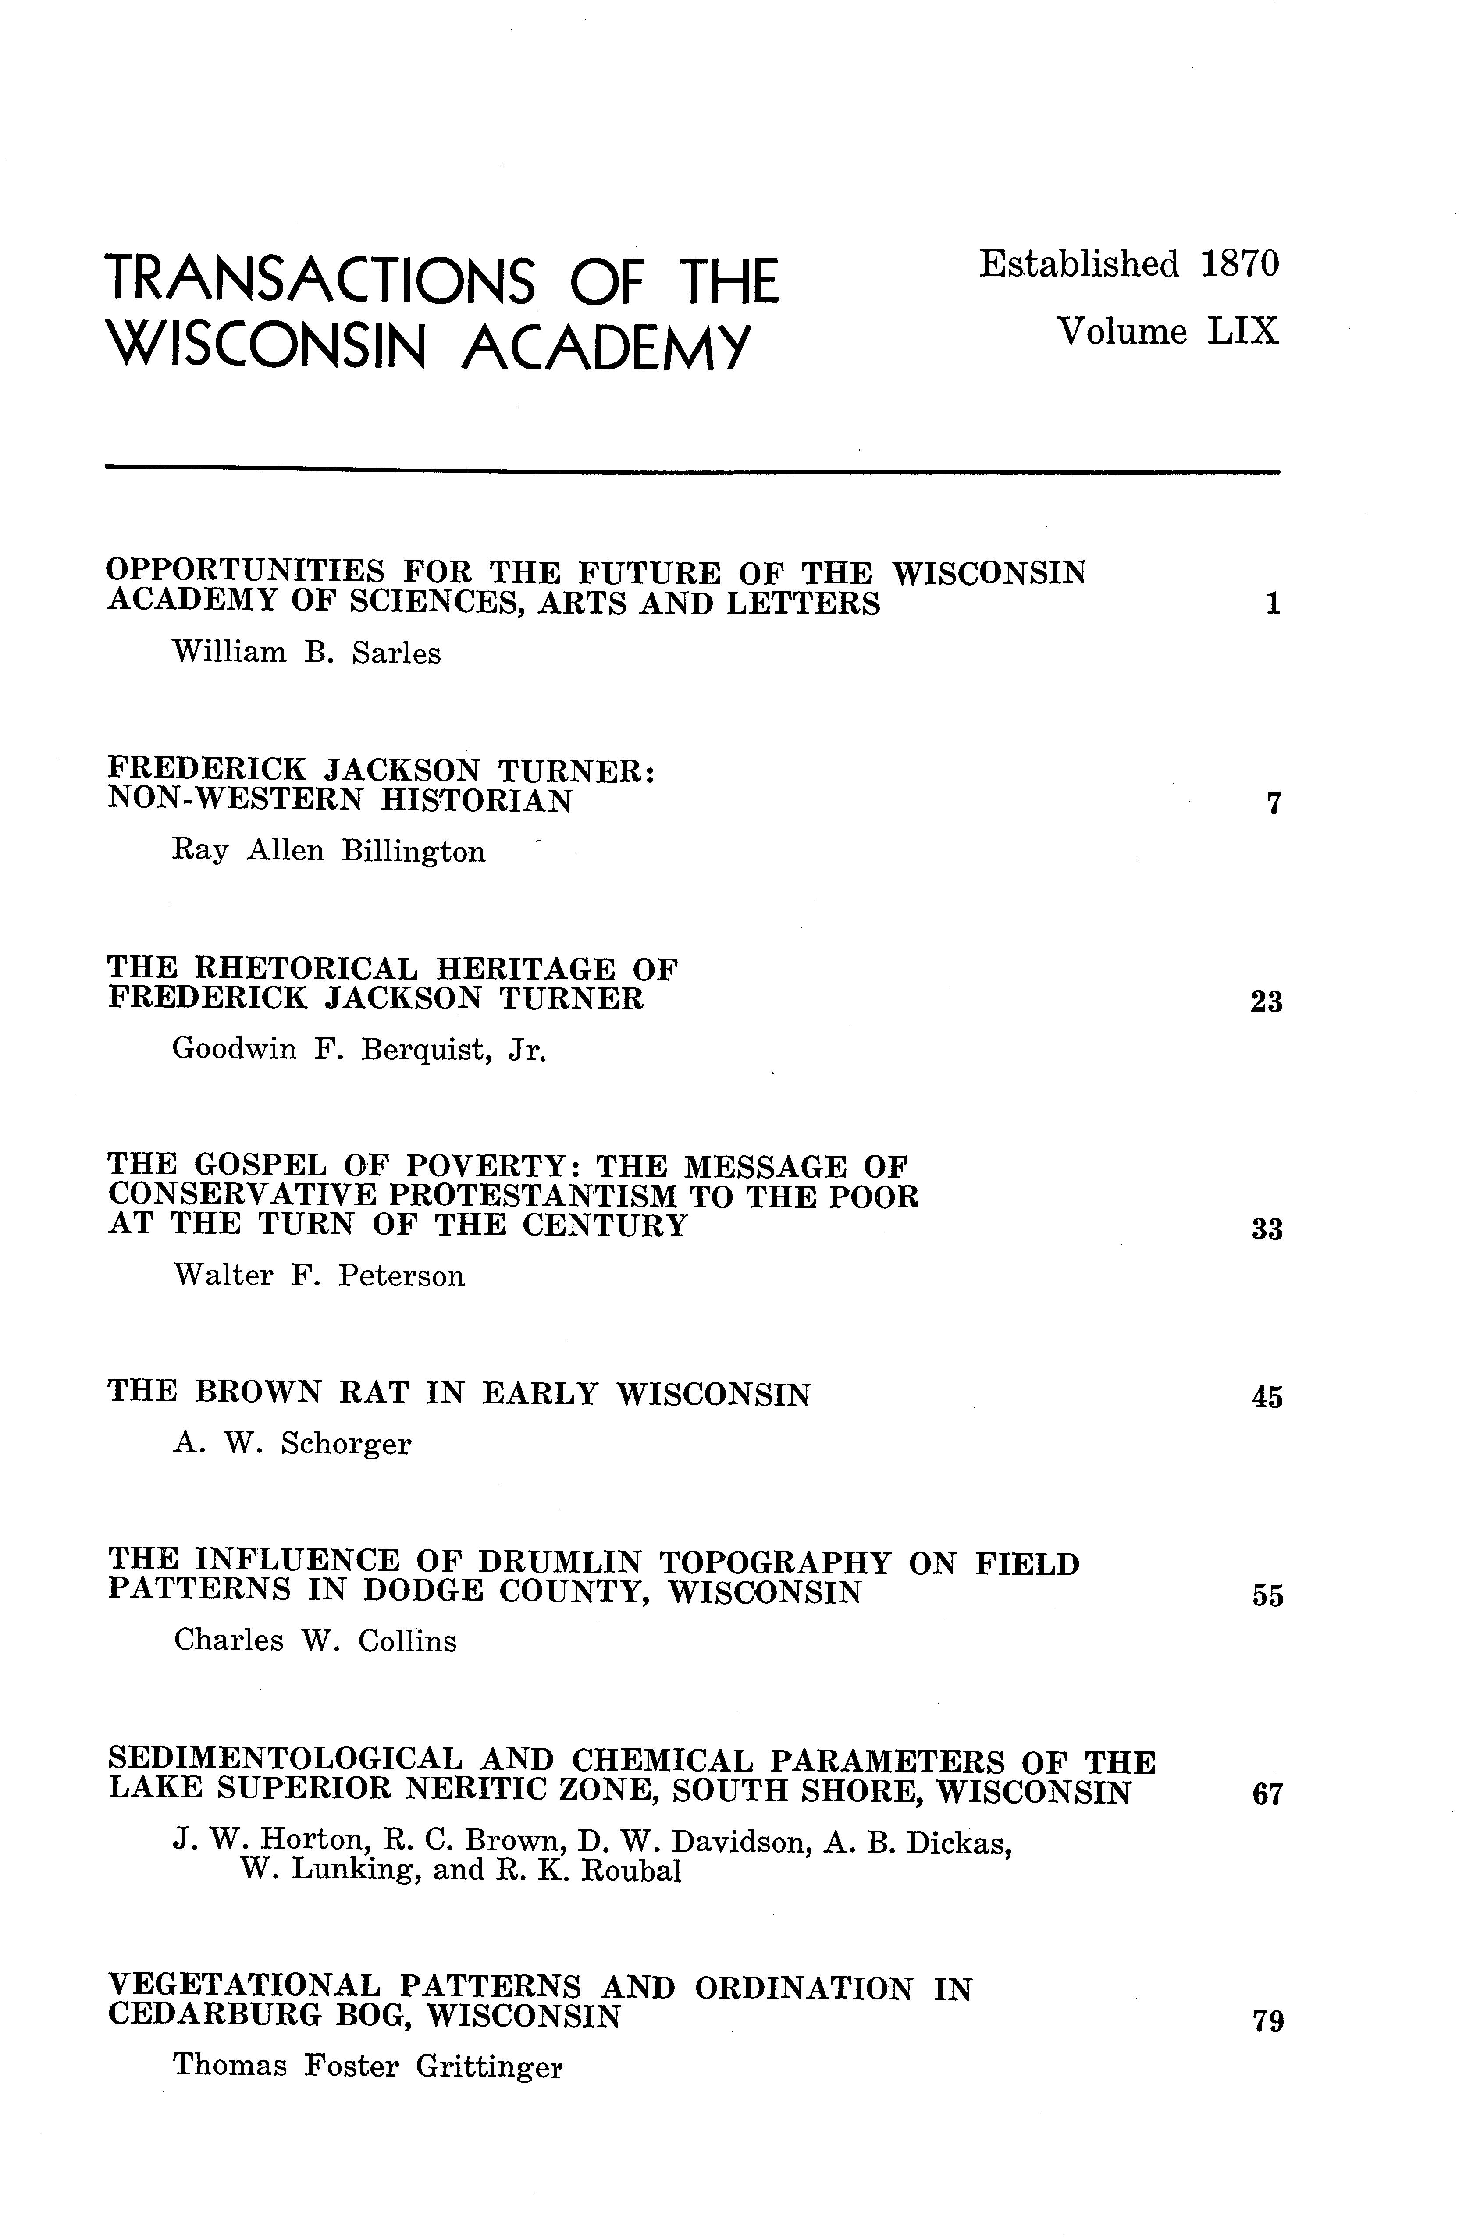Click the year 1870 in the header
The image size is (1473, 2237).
(1240, 265)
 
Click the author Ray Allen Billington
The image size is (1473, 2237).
(329, 852)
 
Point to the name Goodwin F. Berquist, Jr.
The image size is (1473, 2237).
(359, 1050)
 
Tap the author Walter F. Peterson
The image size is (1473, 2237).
(320, 1276)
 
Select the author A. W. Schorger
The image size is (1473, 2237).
(292, 1444)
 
